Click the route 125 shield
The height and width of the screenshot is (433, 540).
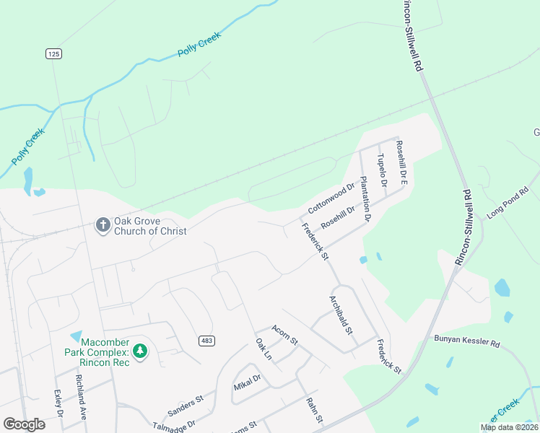click(52, 54)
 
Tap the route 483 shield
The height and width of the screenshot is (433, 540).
click(206, 340)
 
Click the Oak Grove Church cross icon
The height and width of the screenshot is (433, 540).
click(103, 225)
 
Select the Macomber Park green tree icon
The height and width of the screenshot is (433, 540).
click(140, 351)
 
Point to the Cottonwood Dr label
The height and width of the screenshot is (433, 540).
click(331, 198)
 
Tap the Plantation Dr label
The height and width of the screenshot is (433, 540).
click(365, 198)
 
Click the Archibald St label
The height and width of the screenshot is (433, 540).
click(340, 315)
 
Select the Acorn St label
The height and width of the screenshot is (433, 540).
click(284, 334)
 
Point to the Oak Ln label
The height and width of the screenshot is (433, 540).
click(263, 349)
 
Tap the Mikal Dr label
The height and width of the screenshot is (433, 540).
click(246, 382)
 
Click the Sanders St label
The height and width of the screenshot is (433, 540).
click(186, 406)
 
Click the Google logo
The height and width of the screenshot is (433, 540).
click(24, 424)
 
